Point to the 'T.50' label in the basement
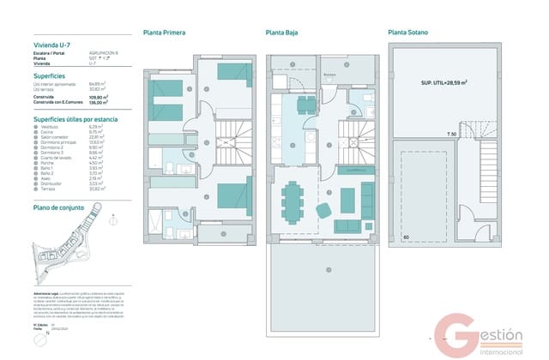[x=451, y=135]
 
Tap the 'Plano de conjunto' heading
[x=57, y=207]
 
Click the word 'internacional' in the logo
[x=499, y=348]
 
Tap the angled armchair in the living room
[x=326, y=209]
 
